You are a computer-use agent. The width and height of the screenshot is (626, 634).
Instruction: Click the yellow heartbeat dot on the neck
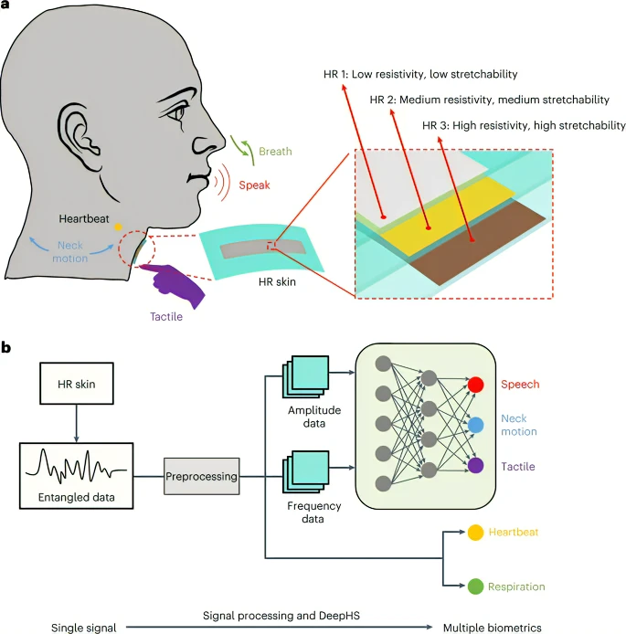(x=118, y=227)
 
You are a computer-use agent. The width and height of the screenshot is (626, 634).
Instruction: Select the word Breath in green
(x=275, y=152)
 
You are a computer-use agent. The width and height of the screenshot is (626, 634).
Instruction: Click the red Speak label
(x=254, y=185)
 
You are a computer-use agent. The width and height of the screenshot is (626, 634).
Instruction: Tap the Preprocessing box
(x=201, y=476)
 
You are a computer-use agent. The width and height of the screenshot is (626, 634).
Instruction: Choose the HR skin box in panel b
(x=77, y=384)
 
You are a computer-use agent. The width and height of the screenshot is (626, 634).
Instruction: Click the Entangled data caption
(x=77, y=497)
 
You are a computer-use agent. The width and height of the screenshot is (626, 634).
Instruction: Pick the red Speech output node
(x=475, y=384)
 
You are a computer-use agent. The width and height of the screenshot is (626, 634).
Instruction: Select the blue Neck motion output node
(x=475, y=425)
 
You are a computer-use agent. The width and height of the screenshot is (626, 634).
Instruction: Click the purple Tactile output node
(x=475, y=465)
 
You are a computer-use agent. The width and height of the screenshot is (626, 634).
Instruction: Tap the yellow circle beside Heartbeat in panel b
(x=475, y=533)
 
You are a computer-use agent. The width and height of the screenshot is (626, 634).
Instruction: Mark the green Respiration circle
(x=475, y=586)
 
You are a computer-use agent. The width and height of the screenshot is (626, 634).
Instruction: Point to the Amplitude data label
(x=314, y=417)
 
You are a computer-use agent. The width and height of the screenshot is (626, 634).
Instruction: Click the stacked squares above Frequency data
(x=306, y=472)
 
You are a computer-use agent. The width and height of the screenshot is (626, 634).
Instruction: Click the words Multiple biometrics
(x=493, y=628)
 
